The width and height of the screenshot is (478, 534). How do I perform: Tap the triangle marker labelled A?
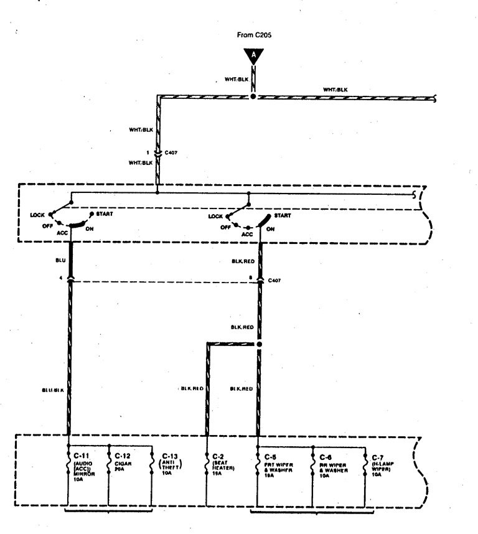point(253,55)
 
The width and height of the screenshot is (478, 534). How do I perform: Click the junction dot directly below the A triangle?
point(253,96)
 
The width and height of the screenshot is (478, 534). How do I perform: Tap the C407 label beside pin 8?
point(274,281)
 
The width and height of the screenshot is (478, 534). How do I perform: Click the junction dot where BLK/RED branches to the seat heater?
point(260,344)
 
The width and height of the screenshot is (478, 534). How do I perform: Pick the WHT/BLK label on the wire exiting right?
point(335,90)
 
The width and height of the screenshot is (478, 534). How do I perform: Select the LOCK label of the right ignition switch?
point(215,216)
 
